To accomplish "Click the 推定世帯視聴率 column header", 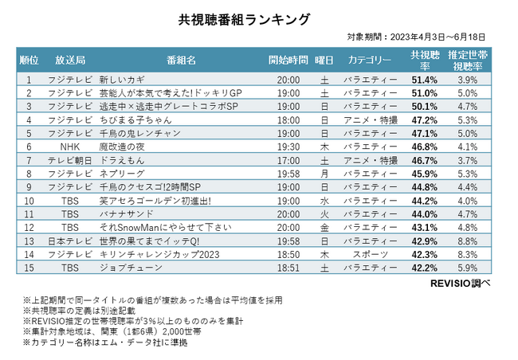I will click(x=467, y=61).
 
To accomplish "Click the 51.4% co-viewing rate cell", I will click(x=424, y=80).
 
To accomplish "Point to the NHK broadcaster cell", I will click(x=70, y=147).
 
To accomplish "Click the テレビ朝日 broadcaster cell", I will click(x=70, y=160).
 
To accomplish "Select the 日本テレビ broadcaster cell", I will click(x=70, y=241).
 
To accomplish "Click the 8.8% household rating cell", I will click(x=468, y=241).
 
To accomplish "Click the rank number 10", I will click(x=29, y=201).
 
